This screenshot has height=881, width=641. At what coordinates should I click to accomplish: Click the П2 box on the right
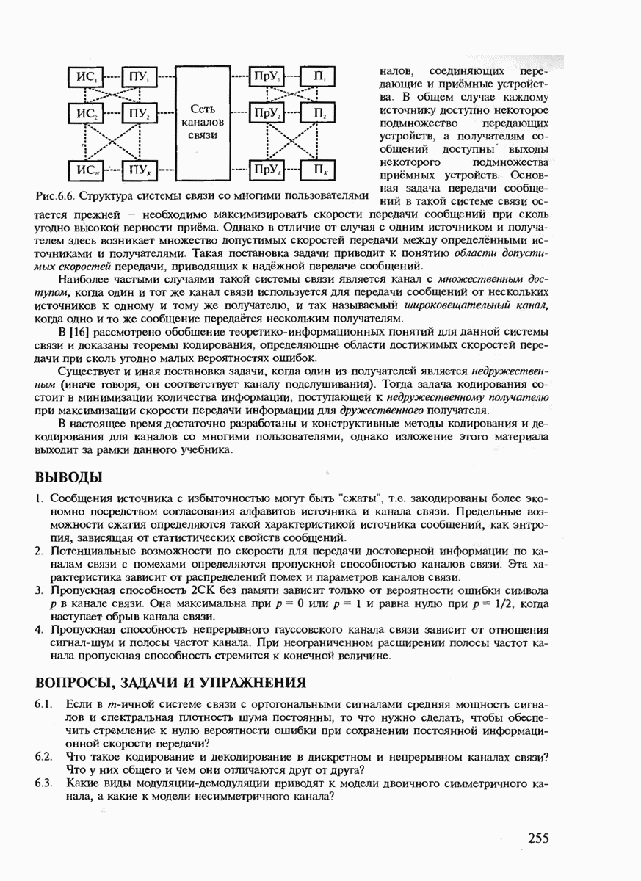click(321, 114)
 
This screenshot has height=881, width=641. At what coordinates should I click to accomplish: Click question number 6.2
click(43, 756)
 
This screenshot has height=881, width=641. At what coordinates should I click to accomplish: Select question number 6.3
click(43, 783)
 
